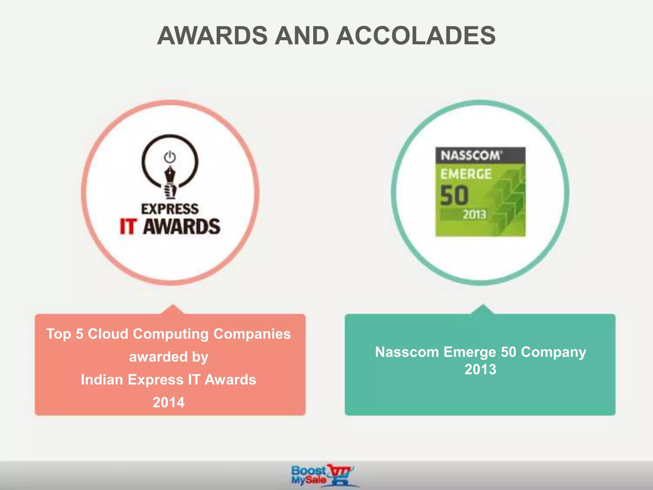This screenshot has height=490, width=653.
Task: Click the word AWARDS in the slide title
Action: click(212, 35)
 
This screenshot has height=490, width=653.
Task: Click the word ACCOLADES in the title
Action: click(416, 35)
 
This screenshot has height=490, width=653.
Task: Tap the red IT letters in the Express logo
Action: click(128, 226)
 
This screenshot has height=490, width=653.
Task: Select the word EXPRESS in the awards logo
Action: click(170, 209)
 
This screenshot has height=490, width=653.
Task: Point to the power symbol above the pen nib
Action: click(170, 157)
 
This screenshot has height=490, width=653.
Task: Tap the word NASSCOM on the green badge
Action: click(470, 156)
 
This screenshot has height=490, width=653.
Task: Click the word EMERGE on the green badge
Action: click(466, 174)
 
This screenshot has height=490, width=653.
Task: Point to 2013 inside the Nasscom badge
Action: click(474, 215)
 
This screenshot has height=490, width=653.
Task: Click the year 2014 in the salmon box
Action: click(168, 402)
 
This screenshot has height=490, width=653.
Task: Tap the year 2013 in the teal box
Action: click(480, 369)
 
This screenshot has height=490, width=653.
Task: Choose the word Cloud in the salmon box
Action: click(108, 334)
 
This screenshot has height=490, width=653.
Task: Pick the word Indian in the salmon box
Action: click(102, 380)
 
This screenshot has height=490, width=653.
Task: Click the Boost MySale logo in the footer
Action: click(322, 475)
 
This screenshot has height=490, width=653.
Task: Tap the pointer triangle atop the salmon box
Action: click(173, 310)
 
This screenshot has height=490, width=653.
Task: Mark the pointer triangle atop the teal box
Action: click(483, 310)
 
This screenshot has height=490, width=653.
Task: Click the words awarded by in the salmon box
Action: click(168, 357)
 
